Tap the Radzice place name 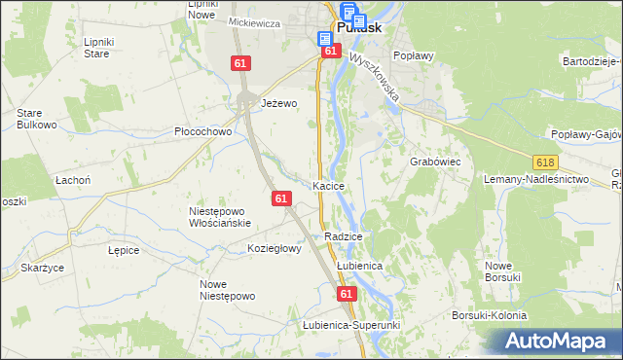pyautogui.click(x=344, y=236)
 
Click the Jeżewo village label pyautogui.click(x=278, y=102)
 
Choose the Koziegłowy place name pyautogui.click(x=275, y=248)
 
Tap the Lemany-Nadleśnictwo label pyautogui.click(x=537, y=180)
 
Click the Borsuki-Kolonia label pyautogui.click(x=489, y=316)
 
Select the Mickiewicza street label pyautogui.click(x=254, y=22)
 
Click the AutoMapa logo pyautogui.click(x=558, y=342)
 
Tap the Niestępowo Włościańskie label pyautogui.click(x=220, y=216)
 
